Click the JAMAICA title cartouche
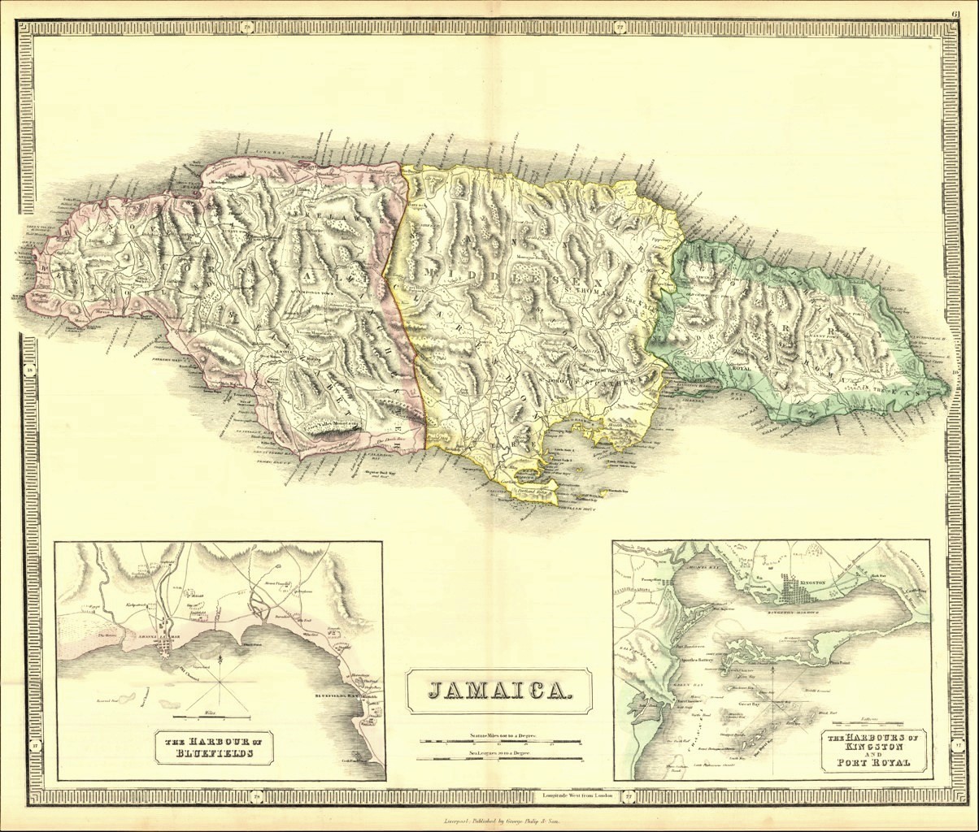pos(498,691)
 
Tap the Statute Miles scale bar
pos(500,741)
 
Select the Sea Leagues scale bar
pos(500,759)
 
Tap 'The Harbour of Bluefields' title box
pos(214,747)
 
